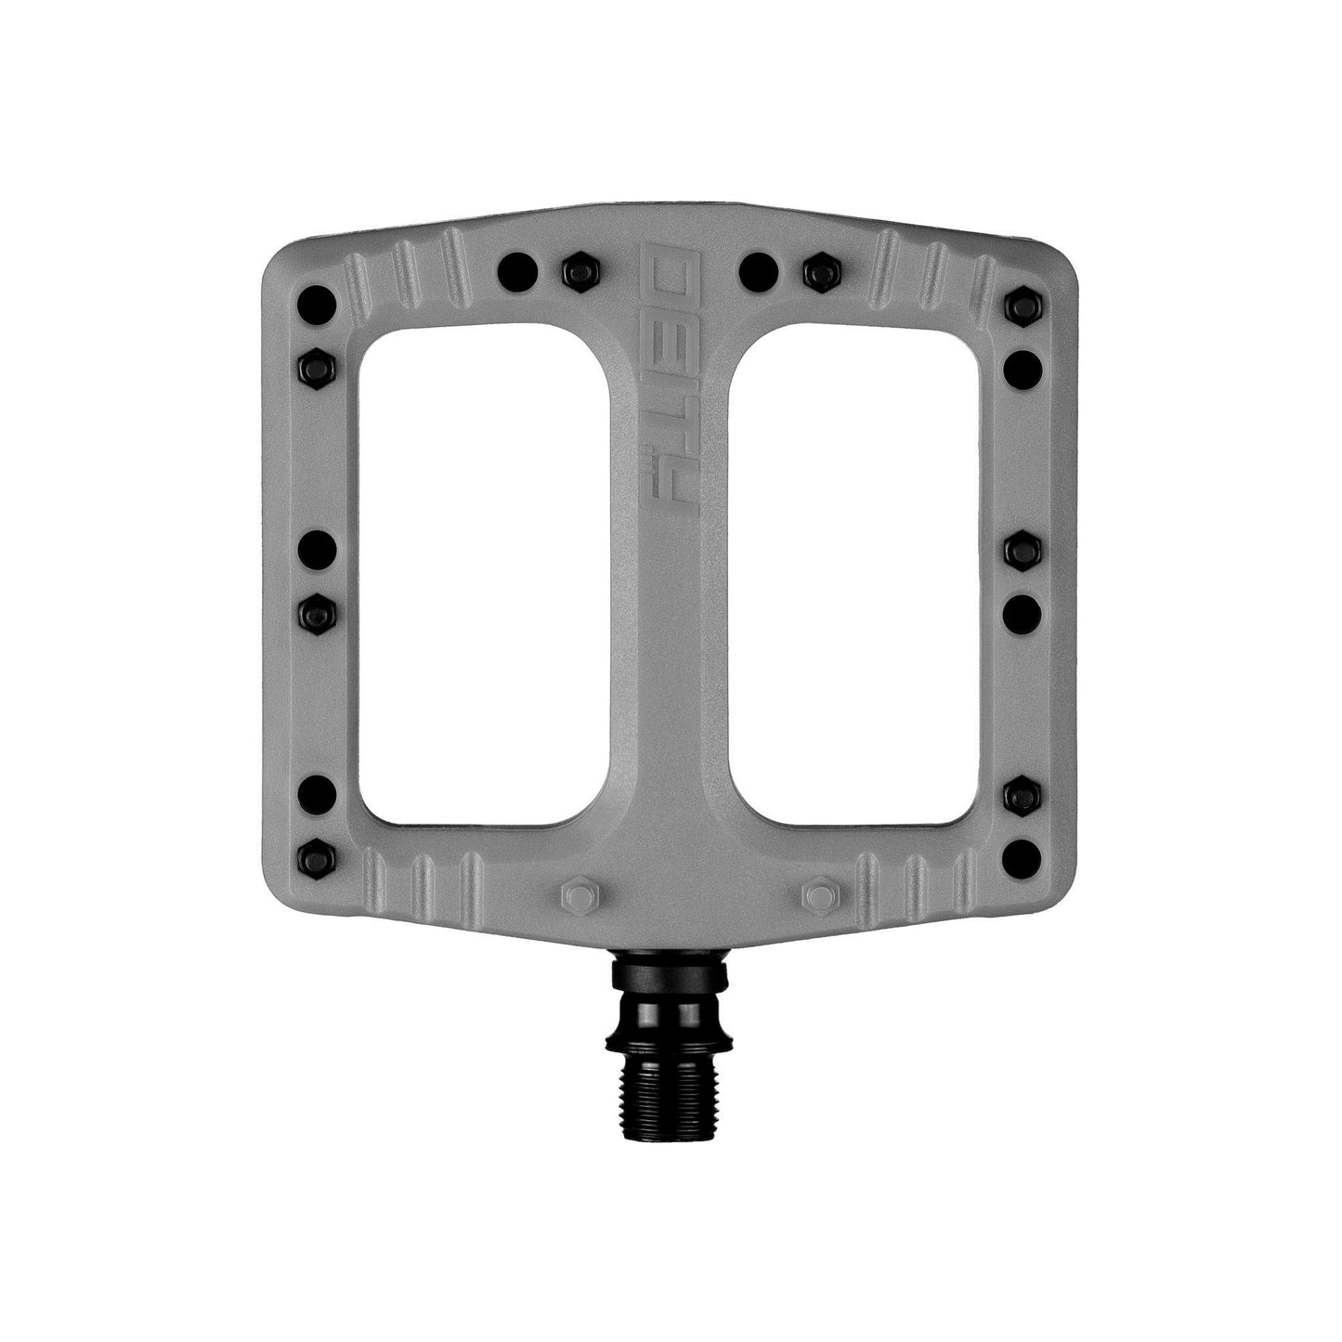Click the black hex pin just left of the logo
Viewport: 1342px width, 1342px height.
click(x=580, y=270)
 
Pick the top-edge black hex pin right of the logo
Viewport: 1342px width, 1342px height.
click(x=819, y=270)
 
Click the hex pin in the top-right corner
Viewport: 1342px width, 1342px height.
click(x=1023, y=306)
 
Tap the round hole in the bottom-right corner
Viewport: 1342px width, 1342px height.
click(x=1023, y=852)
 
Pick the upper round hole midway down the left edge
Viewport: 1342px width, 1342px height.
click(x=318, y=549)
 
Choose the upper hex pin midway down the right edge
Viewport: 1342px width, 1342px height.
click(x=1023, y=551)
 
